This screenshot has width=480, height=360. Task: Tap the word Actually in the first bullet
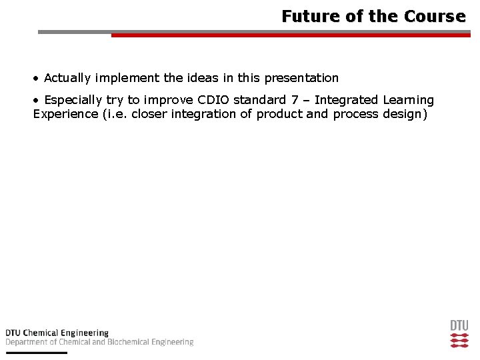(x=67, y=78)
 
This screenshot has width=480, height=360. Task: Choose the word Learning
(x=408, y=100)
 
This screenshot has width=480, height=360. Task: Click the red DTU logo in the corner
(x=459, y=334)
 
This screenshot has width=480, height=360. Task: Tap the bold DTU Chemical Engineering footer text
(x=57, y=333)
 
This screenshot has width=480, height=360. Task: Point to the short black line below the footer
(x=37, y=352)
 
